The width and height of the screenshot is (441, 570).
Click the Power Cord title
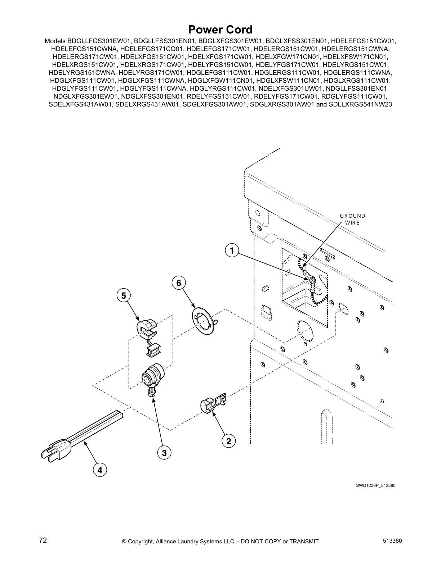tap(220, 30)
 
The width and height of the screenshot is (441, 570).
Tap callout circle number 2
tap(228, 441)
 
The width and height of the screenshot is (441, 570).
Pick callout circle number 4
tap(100, 470)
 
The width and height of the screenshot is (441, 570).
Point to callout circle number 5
tap(124, 296)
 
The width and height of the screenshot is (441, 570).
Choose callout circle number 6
tap(178, 283)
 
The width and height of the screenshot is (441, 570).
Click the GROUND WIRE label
tap(352, 219)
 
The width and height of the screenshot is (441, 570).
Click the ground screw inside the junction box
tap(312, 280)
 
